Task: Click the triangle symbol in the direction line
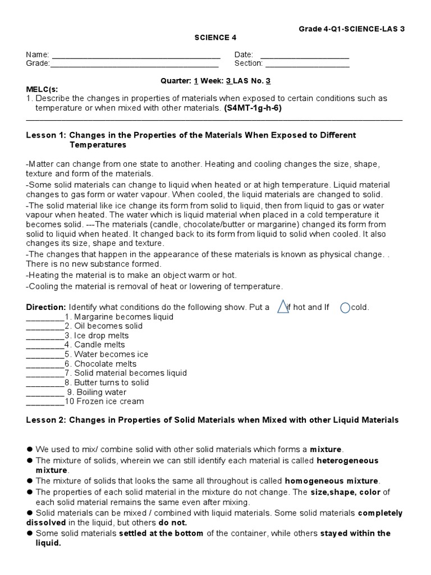tap(283, 307)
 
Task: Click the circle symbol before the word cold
tap(345, 308)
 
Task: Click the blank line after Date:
tap(305, 55)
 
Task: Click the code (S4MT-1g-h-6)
tap(253, 108)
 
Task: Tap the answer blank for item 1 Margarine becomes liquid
tap(45, 317)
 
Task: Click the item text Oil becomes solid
tap(108, 326)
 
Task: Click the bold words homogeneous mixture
tap(332, 481)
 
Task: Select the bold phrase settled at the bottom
tap(161, 533)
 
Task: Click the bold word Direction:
tap(47, 308)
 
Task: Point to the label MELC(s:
tap(42, 89)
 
